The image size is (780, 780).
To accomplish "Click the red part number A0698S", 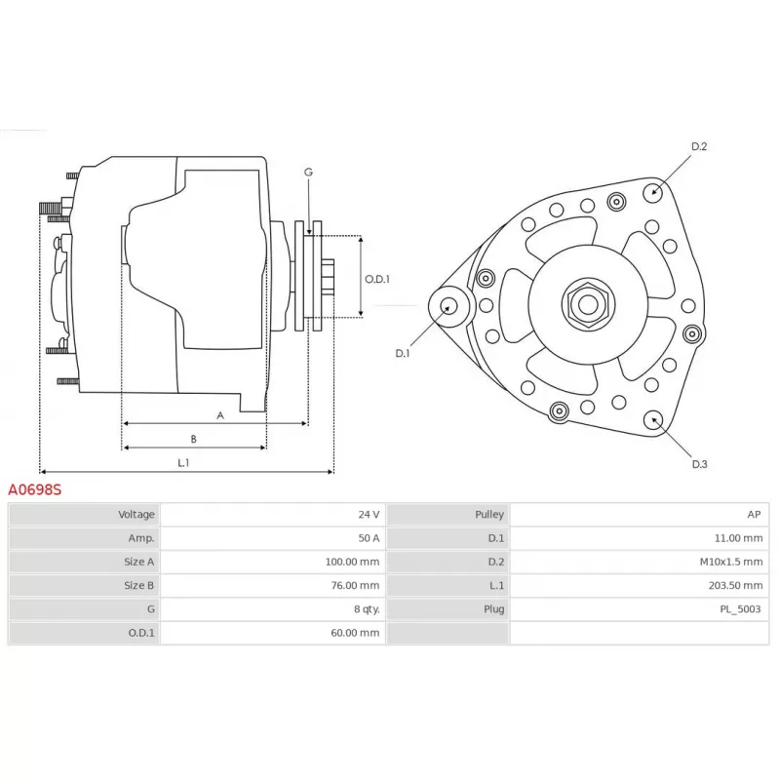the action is (x=35, y=490).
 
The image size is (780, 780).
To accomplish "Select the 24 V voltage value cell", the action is (x=369, y=515).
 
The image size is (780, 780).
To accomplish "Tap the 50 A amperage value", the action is (x=369, y=538).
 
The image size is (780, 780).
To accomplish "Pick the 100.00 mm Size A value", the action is (x=352, y=562).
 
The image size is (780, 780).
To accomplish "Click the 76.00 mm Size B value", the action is (x=355, y=586).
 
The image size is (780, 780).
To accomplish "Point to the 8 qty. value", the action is (x=368, y=608).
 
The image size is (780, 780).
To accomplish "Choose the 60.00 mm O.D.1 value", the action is (x=355, y=633).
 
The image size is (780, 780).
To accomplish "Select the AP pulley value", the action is (x=754, y=515).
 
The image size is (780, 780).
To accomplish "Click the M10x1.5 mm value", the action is (x=731, y=562).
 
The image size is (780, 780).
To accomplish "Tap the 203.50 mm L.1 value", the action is (x=736, y=586).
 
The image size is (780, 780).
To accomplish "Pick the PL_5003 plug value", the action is (x=741, y=608).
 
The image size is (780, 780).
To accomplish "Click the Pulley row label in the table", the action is (x=489, y=515).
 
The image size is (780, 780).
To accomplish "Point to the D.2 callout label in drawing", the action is (x=699, y=146).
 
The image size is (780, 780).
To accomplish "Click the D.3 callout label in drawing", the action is (x=699, y=464).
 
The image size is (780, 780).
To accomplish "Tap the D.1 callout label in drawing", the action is (x=402, y=353).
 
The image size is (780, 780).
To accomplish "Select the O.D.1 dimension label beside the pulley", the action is (x=377, y=279).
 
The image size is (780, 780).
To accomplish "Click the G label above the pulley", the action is (x=308, y=173).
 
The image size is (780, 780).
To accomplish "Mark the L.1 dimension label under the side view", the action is (x=183, y=462).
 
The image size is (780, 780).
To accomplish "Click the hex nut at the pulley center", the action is (x=588, y=305).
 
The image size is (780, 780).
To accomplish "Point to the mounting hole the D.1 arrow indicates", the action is (x=449, y=305).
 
